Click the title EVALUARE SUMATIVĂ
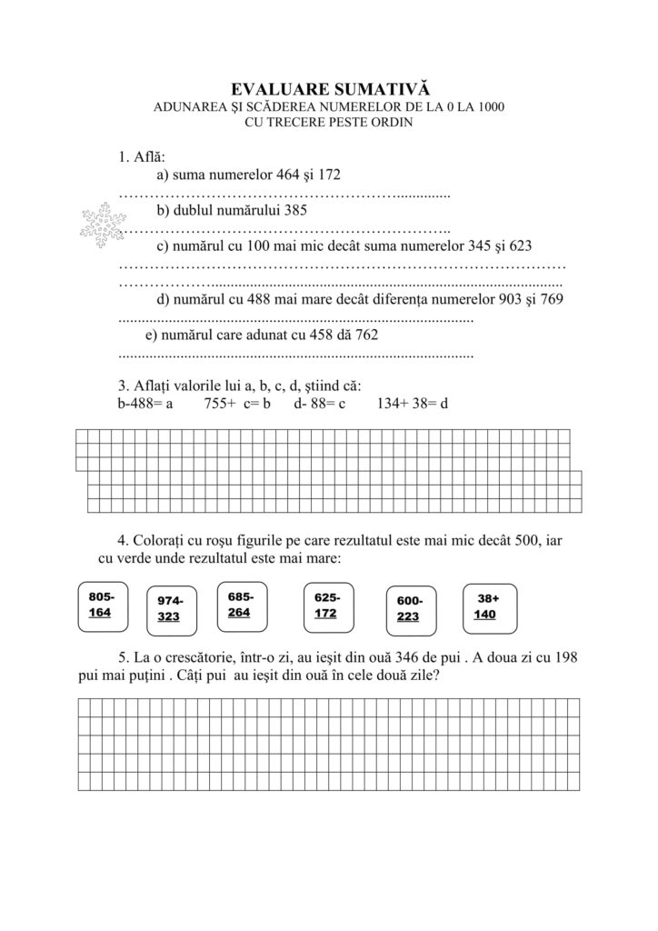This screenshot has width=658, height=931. tap(328, 88)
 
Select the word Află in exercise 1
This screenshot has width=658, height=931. tap(147, 156)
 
